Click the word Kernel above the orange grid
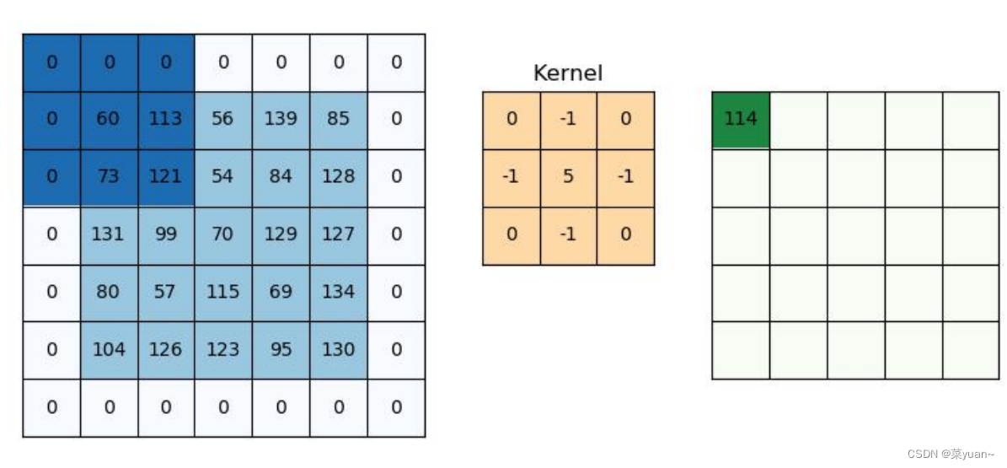click(x=568, y=73)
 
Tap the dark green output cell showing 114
click(x=741, y=119)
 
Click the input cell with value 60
click(x=109, y=119)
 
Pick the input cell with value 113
click(x=166, y=119)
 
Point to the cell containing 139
click(x=281, y=119)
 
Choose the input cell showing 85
click(x=338, y=119)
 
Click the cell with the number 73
click(x=109, y=176)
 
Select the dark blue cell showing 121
click(x=166, y=176)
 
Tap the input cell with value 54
click(x=223, y=176)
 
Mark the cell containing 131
click(x=109, y=234)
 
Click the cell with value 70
click(x=223, y=234)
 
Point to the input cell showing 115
click(x=223, y=292)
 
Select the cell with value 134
click(x=338, y=292)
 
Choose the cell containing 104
click(x=109, y=349)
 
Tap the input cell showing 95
click(x=281, y=349)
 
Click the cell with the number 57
click(x=166, y=292)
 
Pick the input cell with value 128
click(x=338, y=176)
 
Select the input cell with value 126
click(x=166, y=349)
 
